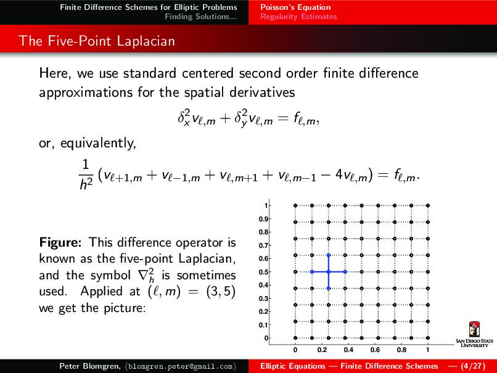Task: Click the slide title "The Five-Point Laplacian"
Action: point(97,41)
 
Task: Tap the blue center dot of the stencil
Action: point(329,272)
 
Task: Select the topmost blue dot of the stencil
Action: point(329,255)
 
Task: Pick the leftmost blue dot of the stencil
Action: point(312,272)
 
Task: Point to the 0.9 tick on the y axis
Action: point(263,219)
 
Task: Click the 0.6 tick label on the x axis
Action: point(375,350)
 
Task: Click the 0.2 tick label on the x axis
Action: point(322,350)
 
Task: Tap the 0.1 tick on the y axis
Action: point(263,325)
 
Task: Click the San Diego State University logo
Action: point(474,337)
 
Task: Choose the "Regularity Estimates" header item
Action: point(298,17)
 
